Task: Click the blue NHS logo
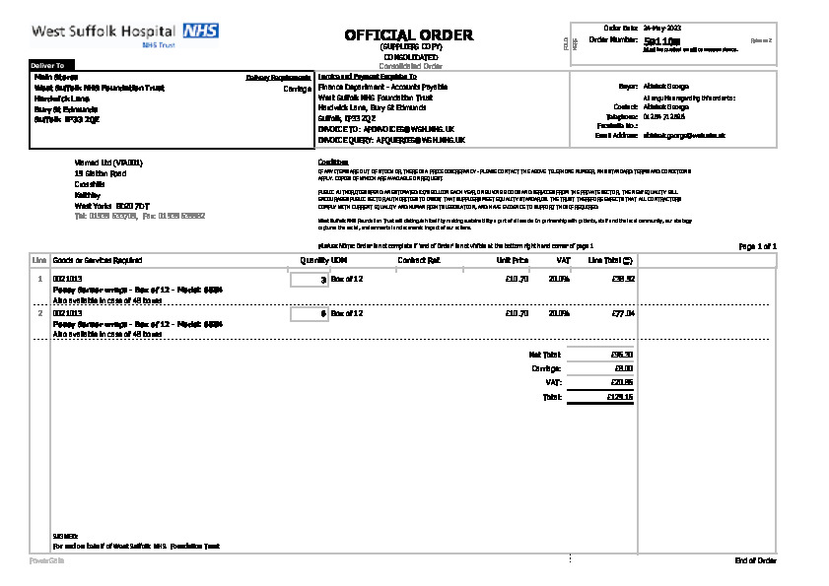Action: [x=200, y=31]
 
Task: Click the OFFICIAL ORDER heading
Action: [x=408, y=35]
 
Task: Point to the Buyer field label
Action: [x=628, y=87]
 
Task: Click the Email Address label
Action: [x=617, y=134]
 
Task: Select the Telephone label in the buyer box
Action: [x=623, y=116]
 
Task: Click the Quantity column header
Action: [x=313, y=260]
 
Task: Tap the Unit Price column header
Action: [x=513, y=260]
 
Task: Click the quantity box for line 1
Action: [x=310, y=281]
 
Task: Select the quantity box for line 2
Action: [x=310, y=314]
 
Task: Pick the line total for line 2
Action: [x=622, y=314]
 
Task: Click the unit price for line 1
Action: [x=517, y=280]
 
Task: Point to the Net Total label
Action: [x=544, y=354]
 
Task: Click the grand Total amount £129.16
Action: [x=621, y=397]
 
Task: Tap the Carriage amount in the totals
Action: [x=624, y=368]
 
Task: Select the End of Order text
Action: [x=755, y=560]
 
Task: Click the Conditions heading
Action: [x=333, y=162]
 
